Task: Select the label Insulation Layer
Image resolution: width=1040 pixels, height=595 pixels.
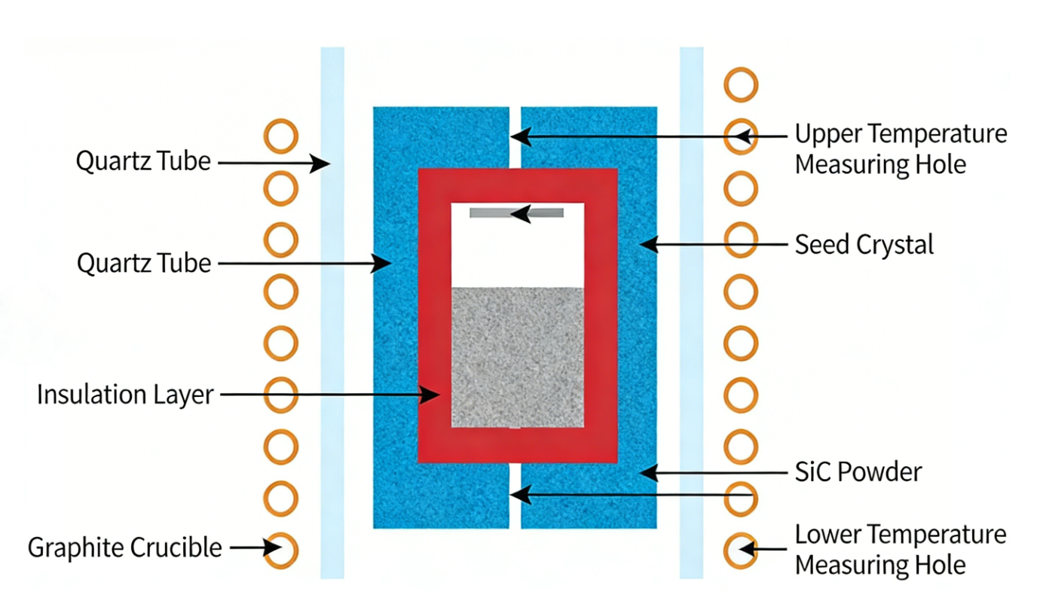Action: click(125, 395)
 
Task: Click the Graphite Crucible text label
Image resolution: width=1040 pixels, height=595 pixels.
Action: click(125, 548)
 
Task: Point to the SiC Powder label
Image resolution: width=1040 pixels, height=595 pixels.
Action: click(858, 472)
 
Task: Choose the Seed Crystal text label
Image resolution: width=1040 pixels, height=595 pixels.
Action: click(864, 244)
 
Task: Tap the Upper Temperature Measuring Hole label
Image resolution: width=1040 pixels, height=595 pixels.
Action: click(901, 149)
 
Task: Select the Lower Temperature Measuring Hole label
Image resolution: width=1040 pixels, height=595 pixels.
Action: click(901, 550)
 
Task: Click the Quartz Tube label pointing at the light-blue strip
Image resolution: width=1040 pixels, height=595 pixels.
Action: click(143, 161)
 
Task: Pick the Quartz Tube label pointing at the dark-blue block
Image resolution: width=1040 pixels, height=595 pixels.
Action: click(143, 264)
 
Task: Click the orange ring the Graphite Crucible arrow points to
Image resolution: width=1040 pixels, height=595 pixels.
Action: click(282, 551)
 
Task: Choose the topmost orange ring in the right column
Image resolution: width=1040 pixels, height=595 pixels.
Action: click(741, 84)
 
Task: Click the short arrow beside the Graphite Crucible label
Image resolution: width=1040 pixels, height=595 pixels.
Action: click(248, 548)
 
